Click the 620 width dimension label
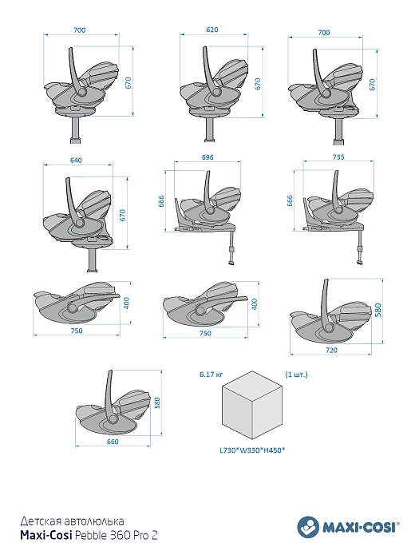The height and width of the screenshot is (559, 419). pyautogui.click(x=212, y=30)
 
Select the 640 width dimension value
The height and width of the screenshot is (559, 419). pyautogui.click(x=76, y=161)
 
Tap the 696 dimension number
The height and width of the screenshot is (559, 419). pyautogui.click(x=208, y=157)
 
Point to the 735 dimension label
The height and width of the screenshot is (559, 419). pyautogui.click(x=338, y=157)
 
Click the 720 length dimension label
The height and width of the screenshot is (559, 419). pyautogui.click(x=331, y=350)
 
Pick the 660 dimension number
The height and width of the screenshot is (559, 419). pyautogui.click(x=113, y=442)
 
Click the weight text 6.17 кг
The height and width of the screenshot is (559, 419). pyautogui.click(x=211, y=375)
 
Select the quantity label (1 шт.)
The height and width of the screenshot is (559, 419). pyautogui.click(x=296, y=375)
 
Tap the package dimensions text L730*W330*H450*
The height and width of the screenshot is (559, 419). pyautogui.click(x=252, y=450)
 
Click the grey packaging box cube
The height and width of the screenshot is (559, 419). pyautogui.click(x=252, y=405)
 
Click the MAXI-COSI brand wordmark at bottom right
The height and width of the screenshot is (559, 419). pyautogui.click(x=361, y=527)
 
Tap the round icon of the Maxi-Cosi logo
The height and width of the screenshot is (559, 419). pyautogui.click(x=308, y=527)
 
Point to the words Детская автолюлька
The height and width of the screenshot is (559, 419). pyautogui.click(x=73, y=521)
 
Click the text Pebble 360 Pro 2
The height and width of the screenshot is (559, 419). pyautogui.click(x=117, y=535)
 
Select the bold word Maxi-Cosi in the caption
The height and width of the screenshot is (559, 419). pyautogui.click(x=46, y=535)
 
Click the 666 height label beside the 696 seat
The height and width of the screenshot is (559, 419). pyautogui.click(x=161, y=201)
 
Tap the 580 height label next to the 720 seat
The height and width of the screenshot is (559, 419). pyautogui.click(x=378, y=310)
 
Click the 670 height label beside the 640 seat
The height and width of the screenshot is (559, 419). pyautogui.click(x=123, y=215)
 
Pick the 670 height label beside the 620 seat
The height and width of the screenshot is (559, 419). pyautogui.click(x=258, y=84)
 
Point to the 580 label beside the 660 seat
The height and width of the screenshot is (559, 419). pyautogui.click(x=157, y=402)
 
